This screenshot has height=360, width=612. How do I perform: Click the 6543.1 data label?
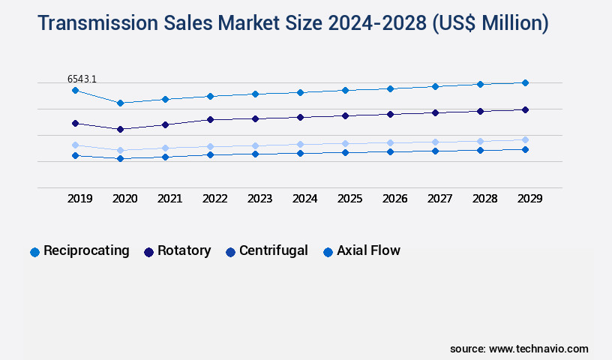click(82, 79)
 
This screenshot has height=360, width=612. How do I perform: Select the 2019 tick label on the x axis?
click(80, 199)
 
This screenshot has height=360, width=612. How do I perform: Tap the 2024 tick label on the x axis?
click(304, 199)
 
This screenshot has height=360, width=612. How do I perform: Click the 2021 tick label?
click(169, 199)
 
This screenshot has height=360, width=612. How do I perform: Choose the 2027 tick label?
click(440, 199)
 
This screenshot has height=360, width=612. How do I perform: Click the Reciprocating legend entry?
click(79, 251)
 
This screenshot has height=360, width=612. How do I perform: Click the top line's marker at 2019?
click(75, 90)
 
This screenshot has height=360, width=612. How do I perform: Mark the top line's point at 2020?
click(120, 103)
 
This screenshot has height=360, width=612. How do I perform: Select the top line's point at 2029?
click(525, 82)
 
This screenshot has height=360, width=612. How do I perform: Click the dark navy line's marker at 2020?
click(120, 129)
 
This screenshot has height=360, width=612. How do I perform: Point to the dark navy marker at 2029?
click(525, 109)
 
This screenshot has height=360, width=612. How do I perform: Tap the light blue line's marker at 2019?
click(75, 145)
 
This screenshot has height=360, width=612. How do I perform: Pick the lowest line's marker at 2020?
click(120, 158)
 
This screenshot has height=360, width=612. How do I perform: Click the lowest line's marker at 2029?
click(525, 149)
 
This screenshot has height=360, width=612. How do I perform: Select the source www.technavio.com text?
click(519, 349)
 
